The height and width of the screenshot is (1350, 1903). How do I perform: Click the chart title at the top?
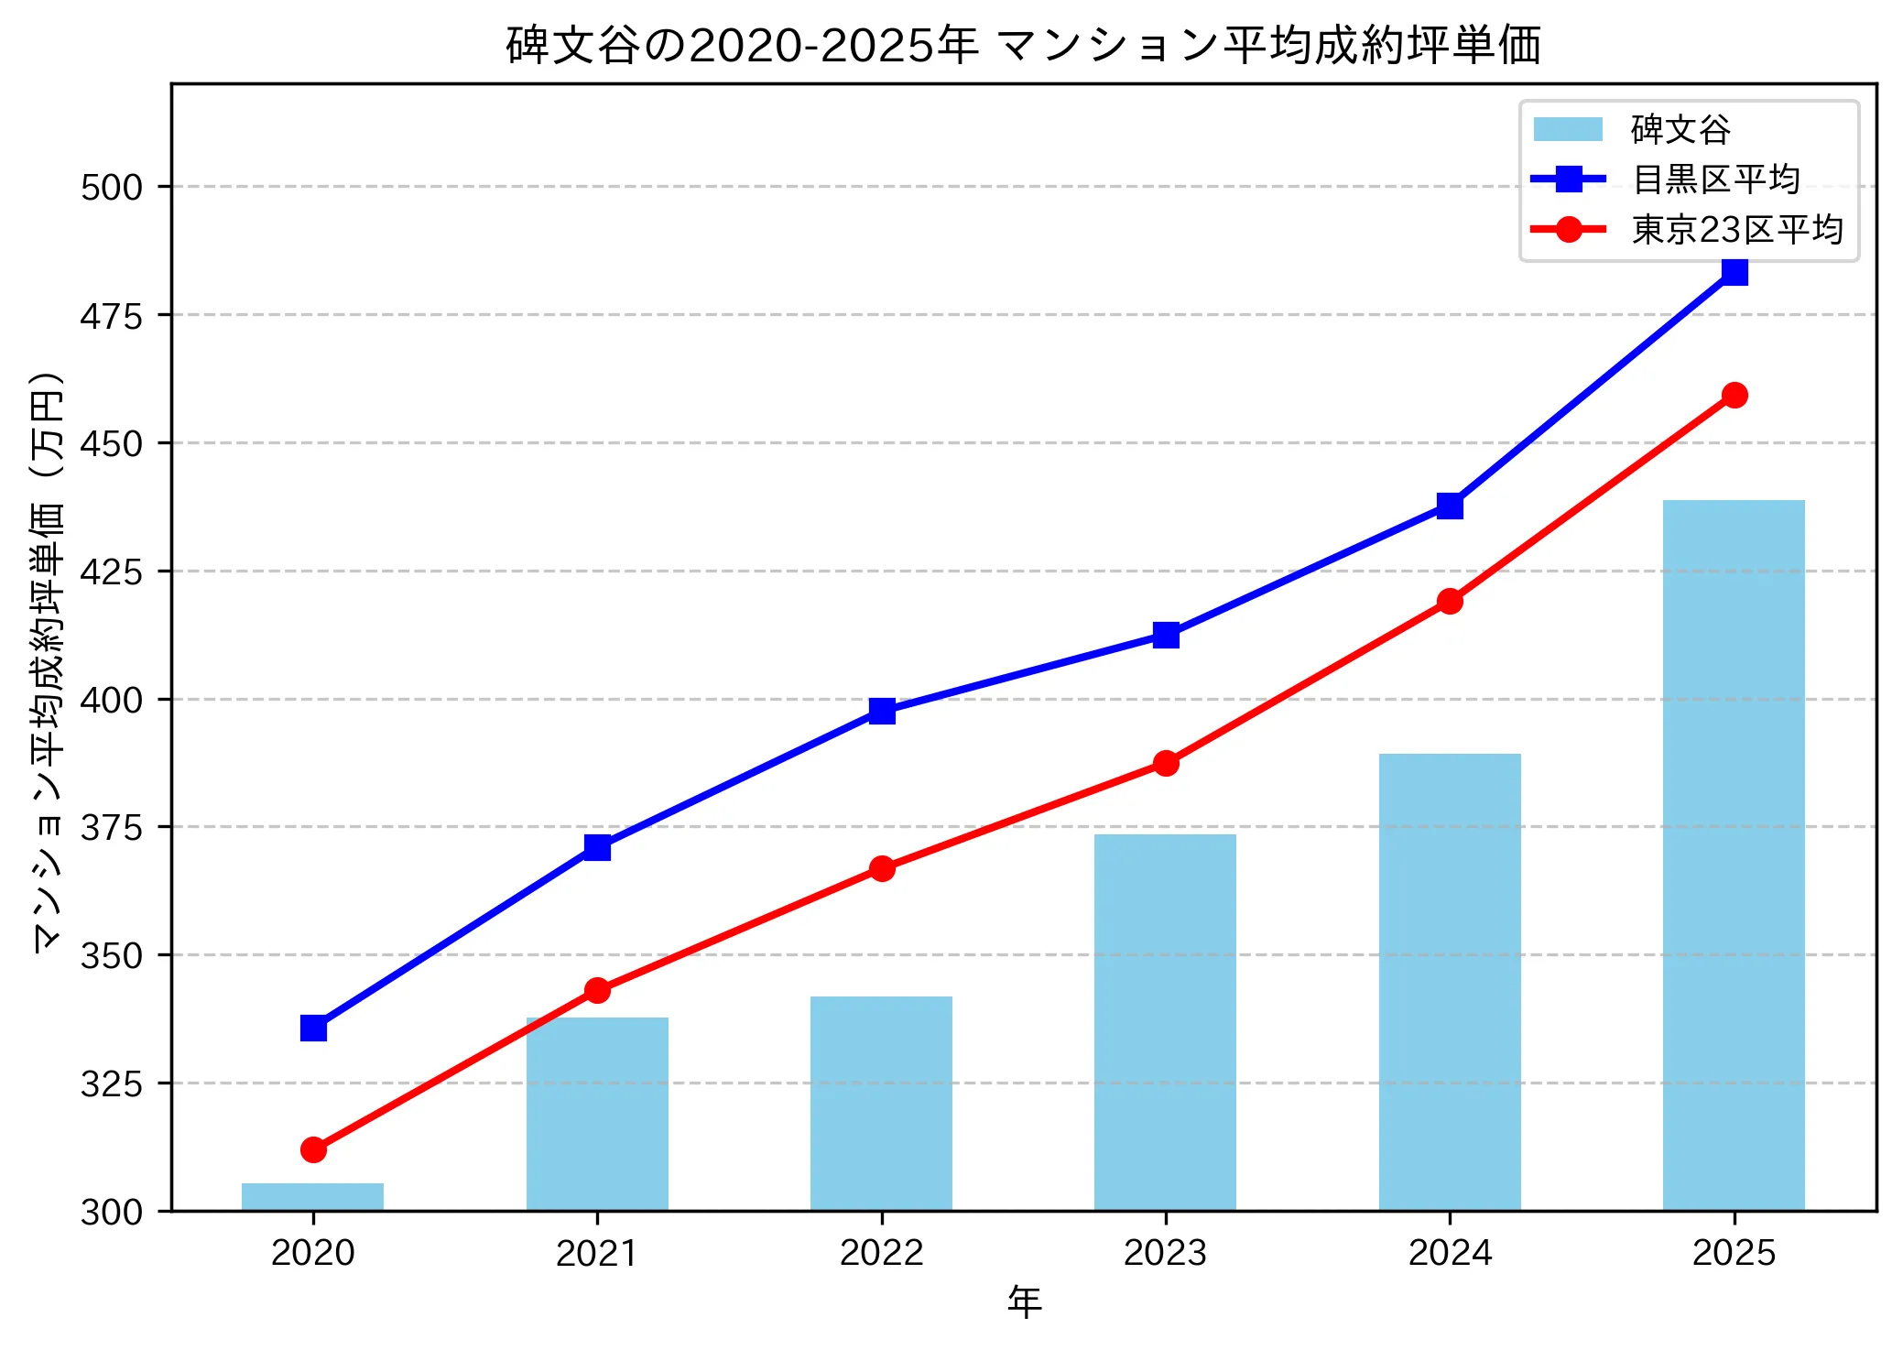point(1023,46)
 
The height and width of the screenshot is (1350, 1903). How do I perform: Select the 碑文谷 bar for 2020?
point(313,1197)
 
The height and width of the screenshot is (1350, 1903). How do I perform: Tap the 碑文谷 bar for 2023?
point(1165,1021)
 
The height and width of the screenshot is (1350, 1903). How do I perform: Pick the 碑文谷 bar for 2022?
point(881,1103)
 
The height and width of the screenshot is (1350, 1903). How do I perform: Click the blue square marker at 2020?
point(313,1029)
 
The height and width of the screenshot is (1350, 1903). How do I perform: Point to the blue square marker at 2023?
point(1166,635)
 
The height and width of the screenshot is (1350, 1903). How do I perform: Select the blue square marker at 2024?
point(1450,506)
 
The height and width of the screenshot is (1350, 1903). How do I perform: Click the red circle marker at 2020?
point(313,1149)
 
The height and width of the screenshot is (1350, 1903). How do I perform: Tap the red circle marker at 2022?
point(882,868)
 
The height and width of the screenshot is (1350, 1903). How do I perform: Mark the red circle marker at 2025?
point(1734,395)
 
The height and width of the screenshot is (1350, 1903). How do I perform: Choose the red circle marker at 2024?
point(1450,601)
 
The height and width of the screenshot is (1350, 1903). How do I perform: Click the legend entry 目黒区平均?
point(1716,180)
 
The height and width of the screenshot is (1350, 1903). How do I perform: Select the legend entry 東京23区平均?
point(1737,230)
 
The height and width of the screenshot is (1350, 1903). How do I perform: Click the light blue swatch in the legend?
point(1568,129)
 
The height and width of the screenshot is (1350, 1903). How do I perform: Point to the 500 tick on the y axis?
point(112,188)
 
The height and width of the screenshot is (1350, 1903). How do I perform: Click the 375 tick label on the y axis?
point(112,828)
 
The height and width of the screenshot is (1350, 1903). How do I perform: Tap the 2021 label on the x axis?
point(597,1253)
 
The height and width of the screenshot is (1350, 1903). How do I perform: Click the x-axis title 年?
point(1024,1301)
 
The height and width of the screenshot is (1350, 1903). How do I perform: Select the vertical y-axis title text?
point(48,661)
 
